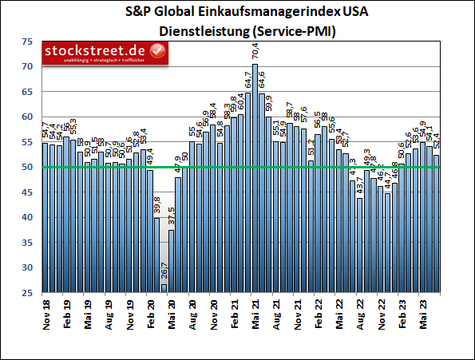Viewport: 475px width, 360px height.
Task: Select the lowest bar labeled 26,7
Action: (164, 288)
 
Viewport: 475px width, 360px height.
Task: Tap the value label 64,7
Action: (248, 80)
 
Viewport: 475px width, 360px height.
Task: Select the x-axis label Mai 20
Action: (171, 315)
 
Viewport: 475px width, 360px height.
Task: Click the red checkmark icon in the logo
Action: (158, 52)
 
